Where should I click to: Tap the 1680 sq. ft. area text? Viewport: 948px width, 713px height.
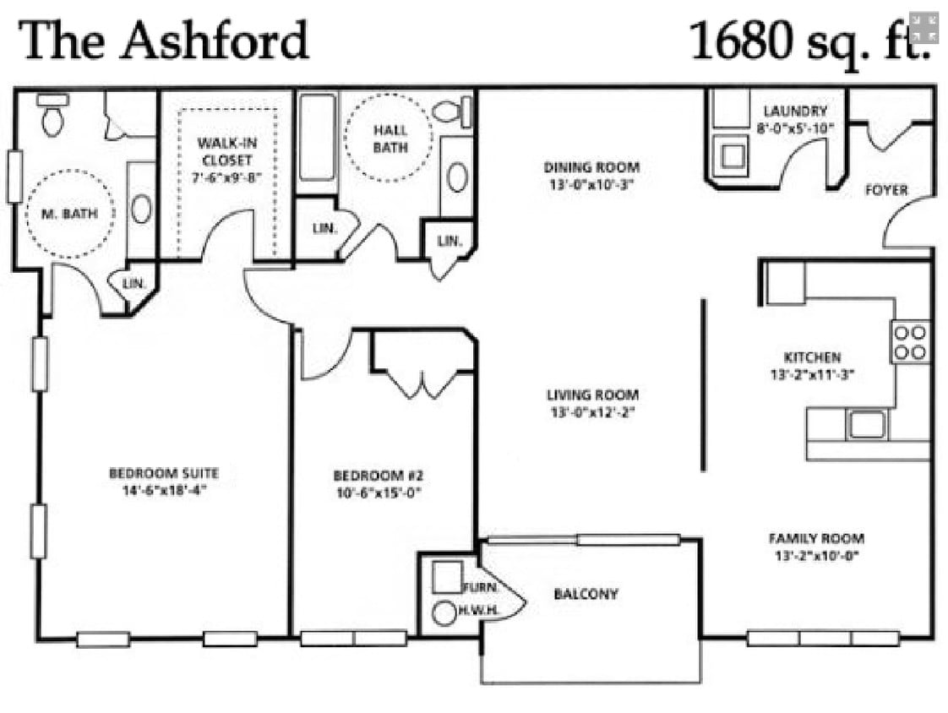(x=809, y=41)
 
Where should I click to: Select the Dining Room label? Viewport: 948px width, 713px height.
(x=591, y=167)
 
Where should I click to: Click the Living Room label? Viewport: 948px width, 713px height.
(x=592, y=395)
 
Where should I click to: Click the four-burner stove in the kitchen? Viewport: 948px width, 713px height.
(x=910, y=342)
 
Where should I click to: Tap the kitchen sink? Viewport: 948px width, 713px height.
(x=867, y=423)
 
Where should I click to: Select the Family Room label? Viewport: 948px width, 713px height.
(x=816, y=538)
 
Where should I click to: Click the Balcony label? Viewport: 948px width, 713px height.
(x=586, y=594)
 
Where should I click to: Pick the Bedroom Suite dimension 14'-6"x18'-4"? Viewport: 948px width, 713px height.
(x=164, y=489)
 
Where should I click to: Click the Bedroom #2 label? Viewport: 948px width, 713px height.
(x=378, y=475)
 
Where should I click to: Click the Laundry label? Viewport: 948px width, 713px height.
(x=795, y=111)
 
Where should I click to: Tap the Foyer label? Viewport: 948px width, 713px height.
(x=886, y=190)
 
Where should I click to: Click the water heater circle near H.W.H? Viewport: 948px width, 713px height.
(x=444, y=613)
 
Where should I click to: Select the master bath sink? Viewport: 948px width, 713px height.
(x=141, y=209)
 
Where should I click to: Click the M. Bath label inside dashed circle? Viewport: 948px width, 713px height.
(x=69, y=214)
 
